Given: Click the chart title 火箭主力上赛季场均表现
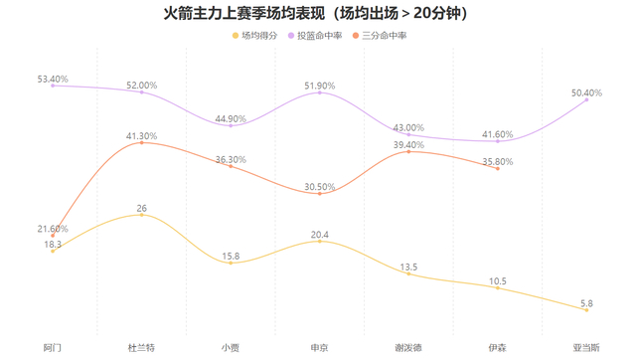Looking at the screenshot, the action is (244, 13).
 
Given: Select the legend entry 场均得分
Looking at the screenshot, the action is (254, 36).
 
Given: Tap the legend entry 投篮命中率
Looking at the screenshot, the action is (315, 36).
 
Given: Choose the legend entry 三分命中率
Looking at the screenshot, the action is (380, 36).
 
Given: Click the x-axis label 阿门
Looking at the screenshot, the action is (53, 348).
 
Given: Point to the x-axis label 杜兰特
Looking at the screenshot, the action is (141, 348).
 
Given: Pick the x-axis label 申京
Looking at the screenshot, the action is (320, 348).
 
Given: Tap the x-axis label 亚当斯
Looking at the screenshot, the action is (586, 348).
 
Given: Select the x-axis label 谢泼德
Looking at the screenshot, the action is (408, 348).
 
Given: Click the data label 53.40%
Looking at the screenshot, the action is (53, 79).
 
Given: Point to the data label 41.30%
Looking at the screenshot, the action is (141, 136).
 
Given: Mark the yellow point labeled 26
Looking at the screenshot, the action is (141, 215).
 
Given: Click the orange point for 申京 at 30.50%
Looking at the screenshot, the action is (320, 194).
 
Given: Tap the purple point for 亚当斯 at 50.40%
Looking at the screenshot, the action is (586, 99).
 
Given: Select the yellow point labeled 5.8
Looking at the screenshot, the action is (586, 310).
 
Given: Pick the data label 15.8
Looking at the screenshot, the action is (231, 257).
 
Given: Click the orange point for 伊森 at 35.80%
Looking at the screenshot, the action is (498, 168).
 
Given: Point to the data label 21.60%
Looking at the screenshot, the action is (53, 229).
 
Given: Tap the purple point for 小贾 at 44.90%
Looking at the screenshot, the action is (231, 126).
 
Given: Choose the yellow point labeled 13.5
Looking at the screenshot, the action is (408, 273).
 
